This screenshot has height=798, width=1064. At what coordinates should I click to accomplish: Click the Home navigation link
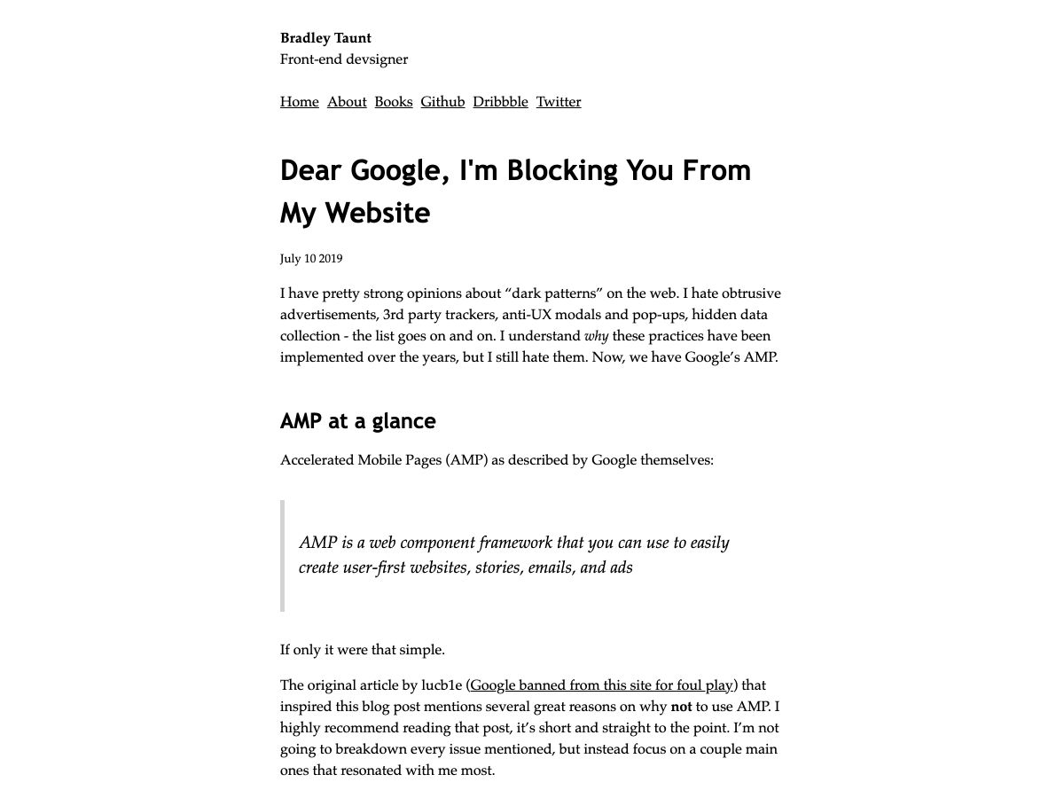pos(299,102)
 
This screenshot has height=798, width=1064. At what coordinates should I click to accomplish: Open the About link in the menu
pos(347,102)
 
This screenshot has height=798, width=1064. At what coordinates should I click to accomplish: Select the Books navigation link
pos(394,102)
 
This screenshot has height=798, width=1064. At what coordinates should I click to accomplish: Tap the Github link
pos(442,102)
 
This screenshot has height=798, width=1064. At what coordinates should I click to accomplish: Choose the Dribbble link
pos(500,102)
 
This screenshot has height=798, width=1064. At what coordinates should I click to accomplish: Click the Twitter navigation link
pos(559,102)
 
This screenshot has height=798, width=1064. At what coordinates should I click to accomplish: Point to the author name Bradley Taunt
pos(325,38)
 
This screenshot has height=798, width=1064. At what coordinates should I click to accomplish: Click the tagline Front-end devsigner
pos(344,59)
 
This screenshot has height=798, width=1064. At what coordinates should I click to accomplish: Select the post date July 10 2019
pos(311,259)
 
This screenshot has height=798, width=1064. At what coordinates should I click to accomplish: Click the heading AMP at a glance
pos(358,421)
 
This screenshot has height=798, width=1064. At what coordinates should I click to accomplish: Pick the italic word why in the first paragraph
pos(596,336)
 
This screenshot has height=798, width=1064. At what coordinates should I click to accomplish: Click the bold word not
pos(681,707)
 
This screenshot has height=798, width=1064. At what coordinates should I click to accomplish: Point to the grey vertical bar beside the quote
pos(283,555)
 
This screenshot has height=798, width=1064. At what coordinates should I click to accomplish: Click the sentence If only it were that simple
pos(363,650)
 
